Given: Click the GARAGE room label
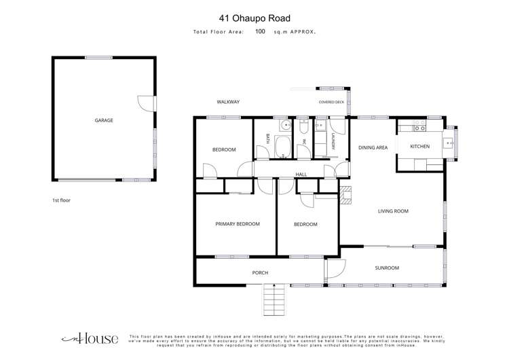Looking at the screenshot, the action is [104, 120].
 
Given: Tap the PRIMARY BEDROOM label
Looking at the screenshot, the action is [238, 224].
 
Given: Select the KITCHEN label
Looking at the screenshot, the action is [419, 147].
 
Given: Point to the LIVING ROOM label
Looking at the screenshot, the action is [393, 211].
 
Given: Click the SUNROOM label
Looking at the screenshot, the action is [387, 268].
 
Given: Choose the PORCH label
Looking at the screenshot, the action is [260, 272].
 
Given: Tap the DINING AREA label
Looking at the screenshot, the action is [373, 147].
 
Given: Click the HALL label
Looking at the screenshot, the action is [301, 175].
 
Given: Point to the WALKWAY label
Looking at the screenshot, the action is [228, 102].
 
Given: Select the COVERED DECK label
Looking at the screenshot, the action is [331, 102].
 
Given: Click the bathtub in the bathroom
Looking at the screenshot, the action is [283, 147].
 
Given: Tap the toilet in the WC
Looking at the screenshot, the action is [303, 127].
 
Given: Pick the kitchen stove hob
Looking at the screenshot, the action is [419, 126].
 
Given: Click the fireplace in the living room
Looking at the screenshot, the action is [345, 195].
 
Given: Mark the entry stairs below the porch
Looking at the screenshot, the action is [274, 300].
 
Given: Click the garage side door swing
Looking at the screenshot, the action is [146, 104].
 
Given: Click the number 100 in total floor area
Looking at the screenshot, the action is [260, 31].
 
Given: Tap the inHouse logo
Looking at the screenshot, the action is [90, 338].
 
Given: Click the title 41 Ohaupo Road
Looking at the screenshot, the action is [254, 18].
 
